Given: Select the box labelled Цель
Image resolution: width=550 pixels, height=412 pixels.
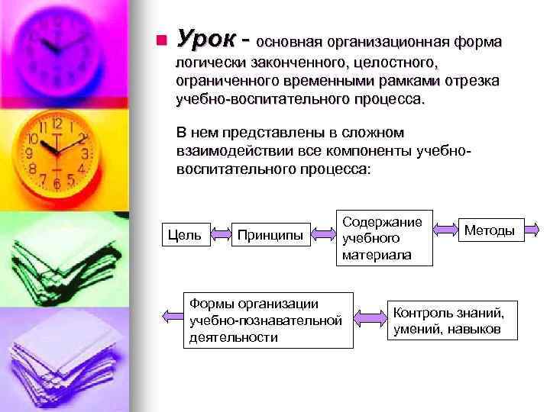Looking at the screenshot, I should click(184, 234).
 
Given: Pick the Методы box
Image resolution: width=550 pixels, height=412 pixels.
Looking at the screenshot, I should click(490, 230).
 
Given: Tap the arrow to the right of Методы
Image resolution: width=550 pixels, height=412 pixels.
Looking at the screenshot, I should click(535, 228).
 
